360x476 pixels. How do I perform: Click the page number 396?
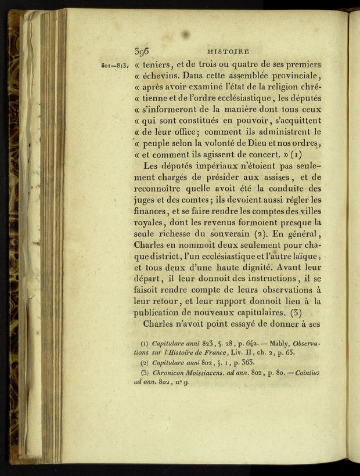click(142, 51)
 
